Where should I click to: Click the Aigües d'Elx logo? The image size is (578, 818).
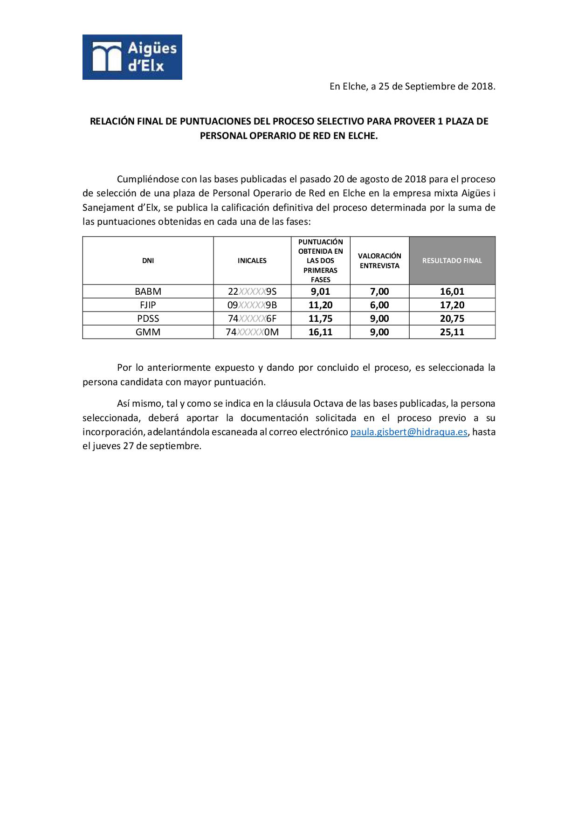(132, 57)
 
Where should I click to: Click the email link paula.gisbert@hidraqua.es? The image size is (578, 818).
(409, 432)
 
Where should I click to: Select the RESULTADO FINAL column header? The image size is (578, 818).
(452, 261)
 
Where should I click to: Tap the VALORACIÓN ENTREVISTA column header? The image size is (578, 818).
(379, 261)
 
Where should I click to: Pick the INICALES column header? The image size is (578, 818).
(252, 261)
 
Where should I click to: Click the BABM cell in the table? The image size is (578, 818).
(148, 291)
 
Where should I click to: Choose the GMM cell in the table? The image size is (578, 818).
(148, 332)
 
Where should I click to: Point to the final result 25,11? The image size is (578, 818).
(452, 332)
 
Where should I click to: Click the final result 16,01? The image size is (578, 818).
(452, 291)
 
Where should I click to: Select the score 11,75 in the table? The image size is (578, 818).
(320, 319)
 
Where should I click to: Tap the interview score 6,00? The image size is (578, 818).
(379, 305)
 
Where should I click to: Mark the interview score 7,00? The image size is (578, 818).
(379, 291)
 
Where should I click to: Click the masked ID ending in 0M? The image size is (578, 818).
(252, 332)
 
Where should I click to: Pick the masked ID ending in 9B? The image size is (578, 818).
(252, 305)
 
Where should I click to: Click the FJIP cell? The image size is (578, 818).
(148, 305)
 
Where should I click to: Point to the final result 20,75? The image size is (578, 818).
(452, 319)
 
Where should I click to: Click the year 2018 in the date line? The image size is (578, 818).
(482, 86)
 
